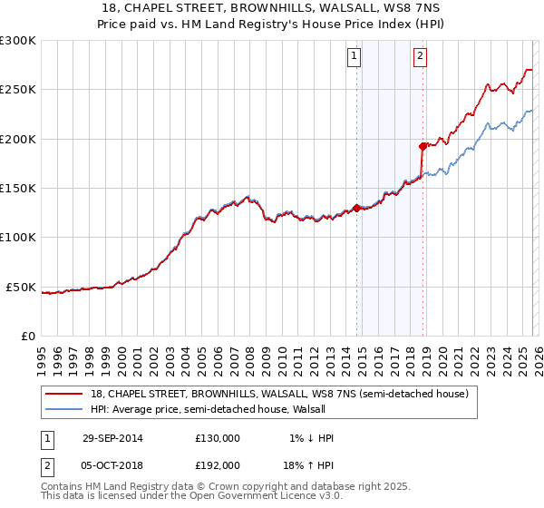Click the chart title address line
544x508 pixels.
[x=272, y=8]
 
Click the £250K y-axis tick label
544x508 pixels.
[x=17, y=90]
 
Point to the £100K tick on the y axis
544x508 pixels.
[x=17, y=238]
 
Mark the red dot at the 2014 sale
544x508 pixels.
[x=357, y=208]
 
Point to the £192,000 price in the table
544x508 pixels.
[x=218, y=464]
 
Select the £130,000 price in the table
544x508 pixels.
[x=218, y=438]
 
